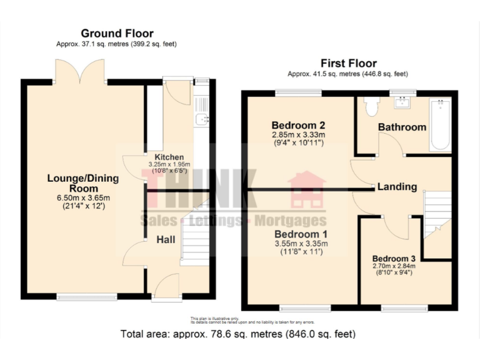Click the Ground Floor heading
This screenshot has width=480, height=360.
(117, 34)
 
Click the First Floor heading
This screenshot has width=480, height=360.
(348, 63)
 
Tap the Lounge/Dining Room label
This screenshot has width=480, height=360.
(83, 183)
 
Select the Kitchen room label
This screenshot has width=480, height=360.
(165, 157)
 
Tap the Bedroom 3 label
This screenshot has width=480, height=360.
(394, 258)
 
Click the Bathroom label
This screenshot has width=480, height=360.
(402, 127)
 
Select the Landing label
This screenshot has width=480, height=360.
(397, 186)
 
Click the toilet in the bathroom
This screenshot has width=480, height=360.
(372, 107)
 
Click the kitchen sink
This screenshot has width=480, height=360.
(202, 119)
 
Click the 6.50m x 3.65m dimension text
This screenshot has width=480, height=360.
(82, 198)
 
